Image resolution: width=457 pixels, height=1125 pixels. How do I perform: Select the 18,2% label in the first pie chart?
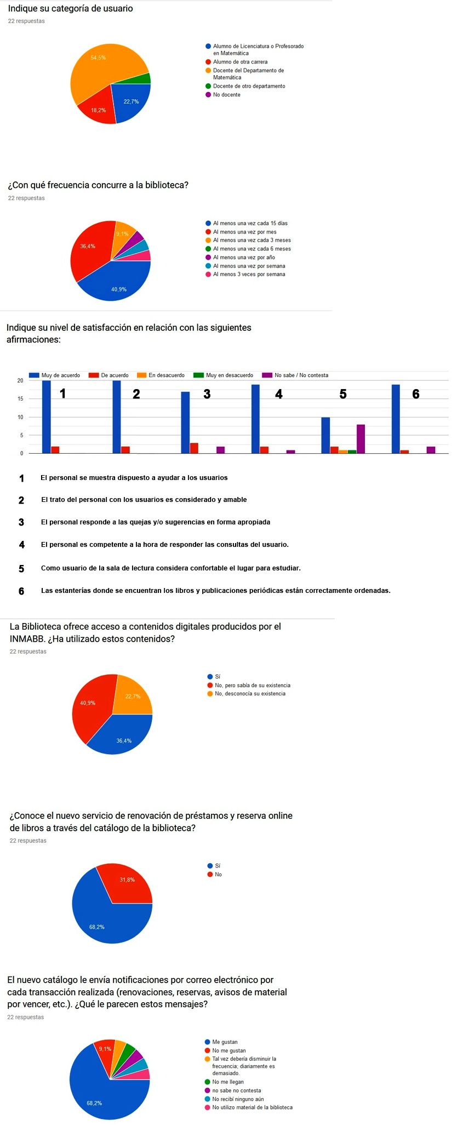click(99, 110)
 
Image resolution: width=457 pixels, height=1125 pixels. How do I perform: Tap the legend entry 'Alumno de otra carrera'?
click(240, 62)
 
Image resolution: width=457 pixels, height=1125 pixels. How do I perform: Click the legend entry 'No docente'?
click(226, 95)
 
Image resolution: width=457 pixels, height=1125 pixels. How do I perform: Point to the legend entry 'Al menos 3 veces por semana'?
click(249, 274)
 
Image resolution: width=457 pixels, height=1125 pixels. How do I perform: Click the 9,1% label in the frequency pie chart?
click(122, 234)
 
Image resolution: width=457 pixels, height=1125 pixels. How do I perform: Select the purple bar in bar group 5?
click(361, 439)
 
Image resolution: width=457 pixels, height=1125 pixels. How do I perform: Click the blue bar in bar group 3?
click(185, 422)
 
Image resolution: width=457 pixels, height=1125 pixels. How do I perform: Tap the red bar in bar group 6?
click(404, 452)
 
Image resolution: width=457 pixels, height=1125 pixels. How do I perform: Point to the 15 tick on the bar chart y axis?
click(20, 399)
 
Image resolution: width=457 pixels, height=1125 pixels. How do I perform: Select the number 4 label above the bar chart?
click(279, 394)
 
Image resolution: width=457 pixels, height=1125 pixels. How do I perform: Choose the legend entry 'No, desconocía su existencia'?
click(250, 694)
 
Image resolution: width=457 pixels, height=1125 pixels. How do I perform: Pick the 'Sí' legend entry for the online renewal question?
click(218, 866)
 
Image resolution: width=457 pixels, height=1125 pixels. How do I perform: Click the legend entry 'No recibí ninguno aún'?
click(238, 1099)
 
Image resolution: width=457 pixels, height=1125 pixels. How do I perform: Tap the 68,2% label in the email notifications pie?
click(94, 1103)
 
